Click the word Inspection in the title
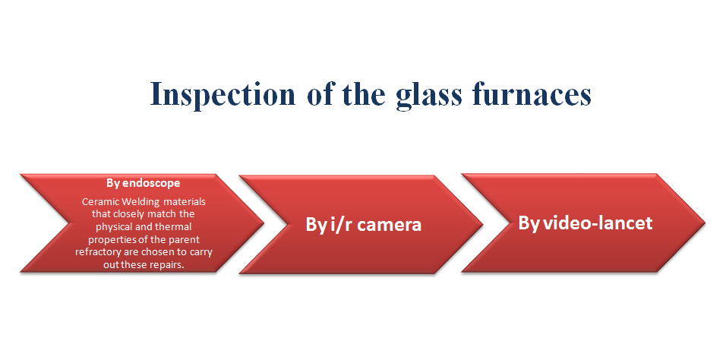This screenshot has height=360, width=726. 223,94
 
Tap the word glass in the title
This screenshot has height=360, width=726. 429,94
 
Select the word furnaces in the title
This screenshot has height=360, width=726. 532,93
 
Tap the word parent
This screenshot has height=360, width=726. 186,240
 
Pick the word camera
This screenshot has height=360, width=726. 390,225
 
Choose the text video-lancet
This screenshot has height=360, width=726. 598,223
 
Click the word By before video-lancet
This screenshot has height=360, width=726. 529,224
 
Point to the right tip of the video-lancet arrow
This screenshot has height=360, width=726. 705,223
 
